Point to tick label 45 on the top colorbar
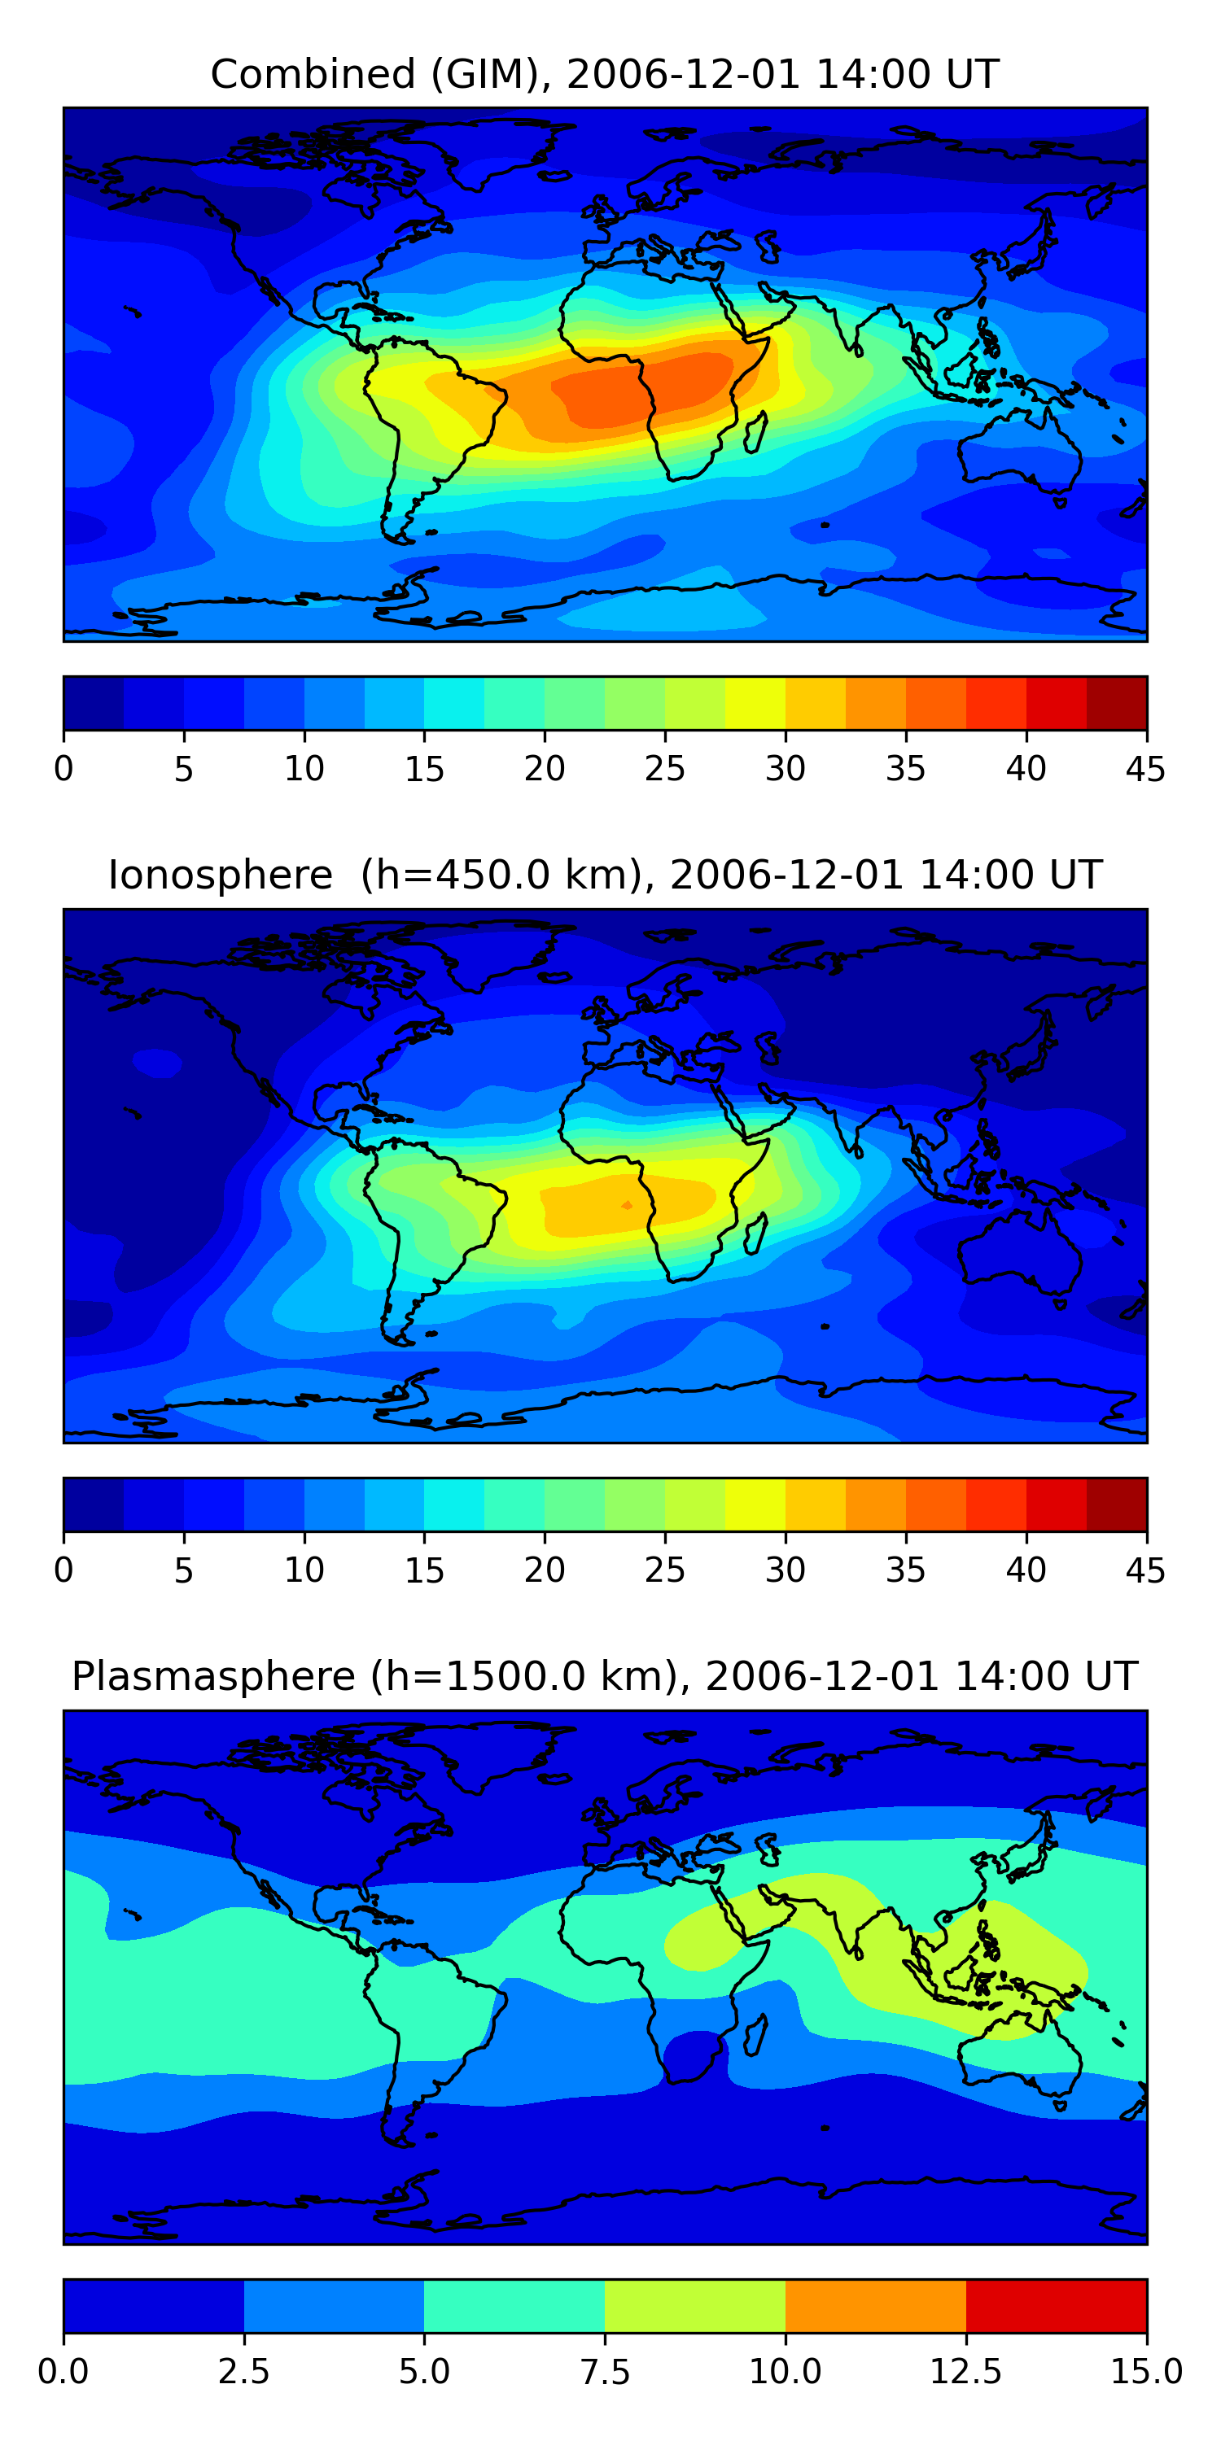tap(1145, 768)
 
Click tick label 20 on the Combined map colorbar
tap(544, 768)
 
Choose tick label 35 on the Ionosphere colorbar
tap(905, 1570)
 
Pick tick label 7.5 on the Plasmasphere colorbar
tap(605, 2371)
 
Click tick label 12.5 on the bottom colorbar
tap(965, 2371)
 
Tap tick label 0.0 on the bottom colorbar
tap(63, 2371)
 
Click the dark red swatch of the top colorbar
tap(1116, 703)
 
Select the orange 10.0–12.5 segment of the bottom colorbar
tap(875, 2305)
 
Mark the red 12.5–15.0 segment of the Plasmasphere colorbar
tap(1056, 2305)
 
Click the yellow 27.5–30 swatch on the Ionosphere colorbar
tap(755, 1504)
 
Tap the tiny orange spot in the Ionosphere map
tap(627, 1205)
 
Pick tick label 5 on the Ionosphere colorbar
tap(184, 1570)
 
